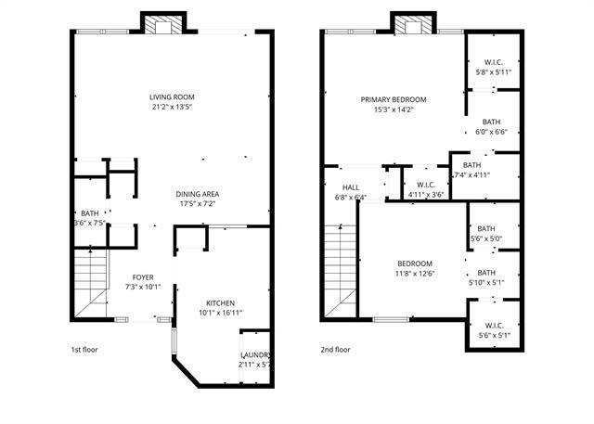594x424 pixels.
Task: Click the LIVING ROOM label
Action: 171,96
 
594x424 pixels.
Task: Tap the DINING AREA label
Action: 198,194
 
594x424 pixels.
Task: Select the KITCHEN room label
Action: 220,303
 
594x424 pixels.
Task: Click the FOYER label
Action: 143,276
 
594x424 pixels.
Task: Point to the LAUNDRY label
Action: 255,355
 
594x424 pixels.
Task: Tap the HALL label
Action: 350,186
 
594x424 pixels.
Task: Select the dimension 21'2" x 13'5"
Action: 171,107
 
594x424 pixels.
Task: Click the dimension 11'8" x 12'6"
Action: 415,274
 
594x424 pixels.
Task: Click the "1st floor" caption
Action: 85,350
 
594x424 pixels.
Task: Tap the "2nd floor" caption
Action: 336,350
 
